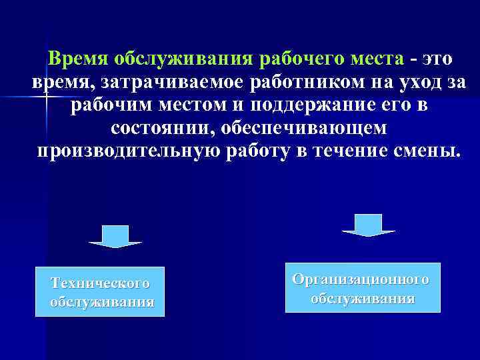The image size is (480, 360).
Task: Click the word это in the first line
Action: click(435, 59)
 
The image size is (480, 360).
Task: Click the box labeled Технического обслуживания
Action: click(100, 292)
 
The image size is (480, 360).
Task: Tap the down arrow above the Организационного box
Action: click(368, 225)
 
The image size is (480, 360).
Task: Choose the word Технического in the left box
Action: click(100, 283)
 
